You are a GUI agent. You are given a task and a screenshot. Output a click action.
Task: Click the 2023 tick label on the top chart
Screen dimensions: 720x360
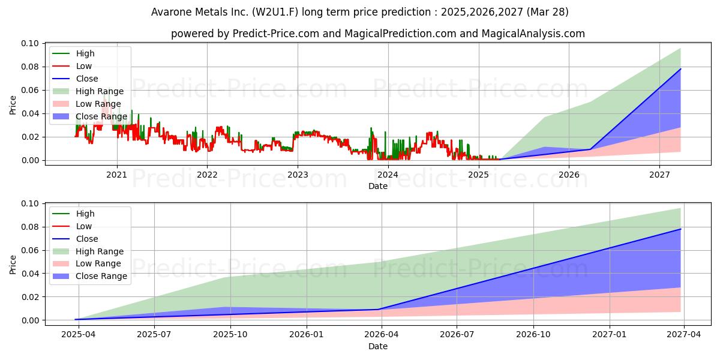(x=298, y=175)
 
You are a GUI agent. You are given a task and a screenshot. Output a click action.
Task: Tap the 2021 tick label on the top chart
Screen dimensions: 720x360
(x=117, y=175)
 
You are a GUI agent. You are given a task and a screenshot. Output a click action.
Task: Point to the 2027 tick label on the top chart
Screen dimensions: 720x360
(x=659, y=175)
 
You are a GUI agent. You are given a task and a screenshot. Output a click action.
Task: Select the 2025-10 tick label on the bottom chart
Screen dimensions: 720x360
(x=230, y=335)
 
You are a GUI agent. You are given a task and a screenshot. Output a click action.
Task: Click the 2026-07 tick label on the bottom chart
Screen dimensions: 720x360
(x=457, y=335)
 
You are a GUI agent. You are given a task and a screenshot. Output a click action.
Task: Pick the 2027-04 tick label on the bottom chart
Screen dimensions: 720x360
(x=683, y=335)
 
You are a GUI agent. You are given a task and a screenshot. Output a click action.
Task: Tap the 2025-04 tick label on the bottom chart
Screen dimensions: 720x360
(x=79, y=335)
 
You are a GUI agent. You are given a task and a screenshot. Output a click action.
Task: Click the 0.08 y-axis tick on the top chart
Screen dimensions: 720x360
(x=30, y=67)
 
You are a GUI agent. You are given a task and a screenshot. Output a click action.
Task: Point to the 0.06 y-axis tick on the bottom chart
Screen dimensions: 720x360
(x=30, y=250)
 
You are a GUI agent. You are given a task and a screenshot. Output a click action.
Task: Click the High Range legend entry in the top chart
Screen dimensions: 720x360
(x=88, y=91)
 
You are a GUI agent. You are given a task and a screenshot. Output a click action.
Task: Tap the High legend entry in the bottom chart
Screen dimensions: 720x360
(x=73, y=214)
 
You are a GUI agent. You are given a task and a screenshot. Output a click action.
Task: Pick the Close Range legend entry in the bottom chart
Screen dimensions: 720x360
(x=89, y=276)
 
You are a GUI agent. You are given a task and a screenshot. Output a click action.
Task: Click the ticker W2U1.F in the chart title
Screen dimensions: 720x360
(x=275, y=12)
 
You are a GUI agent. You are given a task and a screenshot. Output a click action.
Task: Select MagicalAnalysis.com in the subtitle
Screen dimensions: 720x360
(x=533, y=34)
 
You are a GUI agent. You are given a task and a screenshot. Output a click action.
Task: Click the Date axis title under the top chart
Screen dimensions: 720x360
(x=378, y=186)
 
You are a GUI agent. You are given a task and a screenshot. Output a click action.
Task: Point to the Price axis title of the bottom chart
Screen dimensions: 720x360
(x=13, y=265)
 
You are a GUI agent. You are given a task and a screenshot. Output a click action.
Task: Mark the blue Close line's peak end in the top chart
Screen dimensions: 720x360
(x=680, y=69)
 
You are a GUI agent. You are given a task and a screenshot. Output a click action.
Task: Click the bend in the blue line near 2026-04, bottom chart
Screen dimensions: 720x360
(x=379, y=309)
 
